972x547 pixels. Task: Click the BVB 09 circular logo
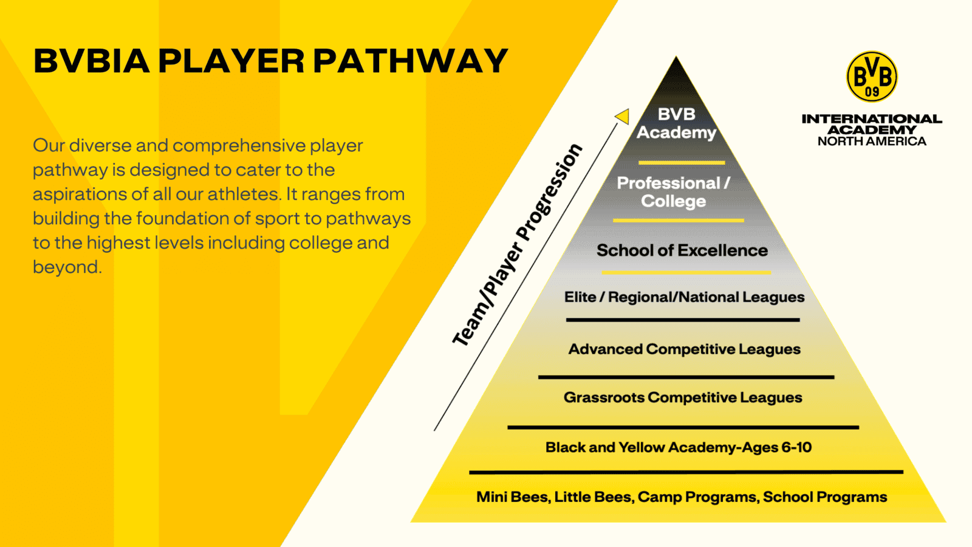pos(872,77)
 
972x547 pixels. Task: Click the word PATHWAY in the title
pos(410,61)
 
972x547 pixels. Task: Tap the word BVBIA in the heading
pos(91,61)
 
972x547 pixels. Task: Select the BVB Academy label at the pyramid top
pos(676,123)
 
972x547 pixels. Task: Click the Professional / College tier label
pos(673,192)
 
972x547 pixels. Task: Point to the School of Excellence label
pos(682,250)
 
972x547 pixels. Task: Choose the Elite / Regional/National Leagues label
pos(684,297)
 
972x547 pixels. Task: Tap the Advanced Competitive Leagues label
pos(684,349)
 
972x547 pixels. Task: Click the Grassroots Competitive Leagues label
pos(683,397)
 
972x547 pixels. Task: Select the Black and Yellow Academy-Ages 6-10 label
pos(678,447)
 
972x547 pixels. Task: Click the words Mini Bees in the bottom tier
pos(512,497)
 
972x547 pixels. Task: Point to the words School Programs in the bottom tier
pos(825,497)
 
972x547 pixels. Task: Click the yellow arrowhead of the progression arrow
pos(622,116)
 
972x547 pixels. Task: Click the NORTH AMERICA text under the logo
pos(872,142)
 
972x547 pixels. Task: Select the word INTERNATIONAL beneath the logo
pos(872,119)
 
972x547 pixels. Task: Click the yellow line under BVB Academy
pos(681,163)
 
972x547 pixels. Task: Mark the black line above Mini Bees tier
pos(686,472)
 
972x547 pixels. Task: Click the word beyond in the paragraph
pos(66,267)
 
